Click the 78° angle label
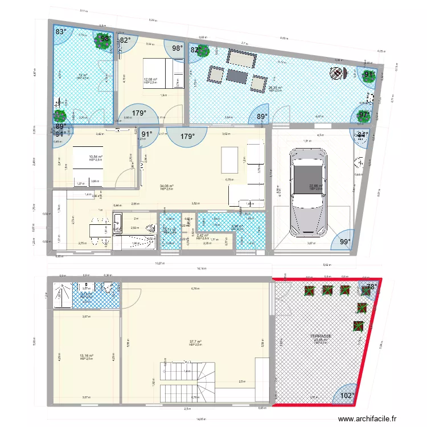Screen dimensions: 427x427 pos(371,288)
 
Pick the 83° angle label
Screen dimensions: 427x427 pos(60,32)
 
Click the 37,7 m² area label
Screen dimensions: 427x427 pos(196,342)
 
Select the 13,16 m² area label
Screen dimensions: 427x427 pos(87,355)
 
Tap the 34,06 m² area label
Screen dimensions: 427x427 pos(167,186)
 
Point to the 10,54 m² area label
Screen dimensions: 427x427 pos(95,157)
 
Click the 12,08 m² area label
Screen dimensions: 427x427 pos(150,80)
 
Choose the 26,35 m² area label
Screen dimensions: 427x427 pos(276,88)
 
